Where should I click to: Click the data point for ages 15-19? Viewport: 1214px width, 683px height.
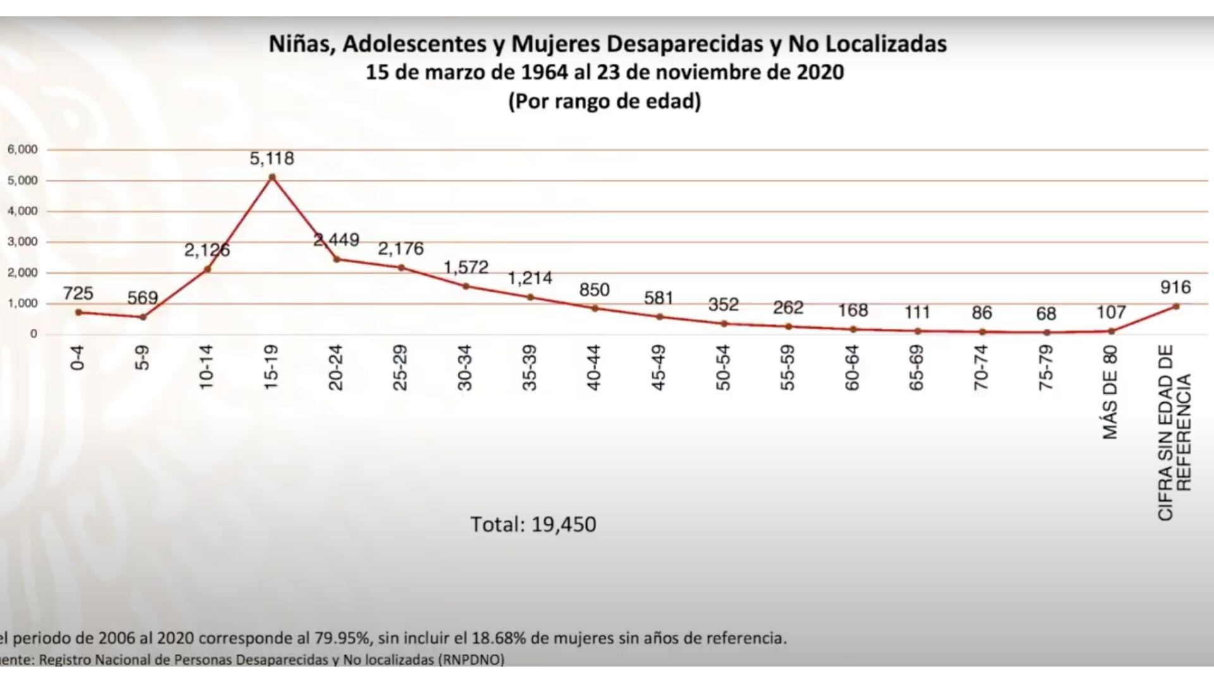[272, 178]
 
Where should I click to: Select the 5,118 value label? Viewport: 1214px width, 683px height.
[272, 158]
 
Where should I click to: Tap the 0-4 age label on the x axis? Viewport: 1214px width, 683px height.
[77, 358]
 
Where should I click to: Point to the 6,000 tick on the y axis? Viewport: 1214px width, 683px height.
[23, 150]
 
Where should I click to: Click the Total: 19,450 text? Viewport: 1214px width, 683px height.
[532, 524]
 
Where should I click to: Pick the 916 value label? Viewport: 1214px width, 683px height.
[1175, 288]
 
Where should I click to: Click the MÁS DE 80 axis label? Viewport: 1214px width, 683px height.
[1110, 392]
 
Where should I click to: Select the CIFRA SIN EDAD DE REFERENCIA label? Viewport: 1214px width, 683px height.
[1175, 433]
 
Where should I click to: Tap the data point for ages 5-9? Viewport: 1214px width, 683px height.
[143, 317]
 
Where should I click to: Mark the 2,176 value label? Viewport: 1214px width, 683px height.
[401, 249]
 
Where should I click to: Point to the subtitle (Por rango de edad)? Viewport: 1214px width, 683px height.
[604, 101]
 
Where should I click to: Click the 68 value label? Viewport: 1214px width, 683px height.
[1046, 314]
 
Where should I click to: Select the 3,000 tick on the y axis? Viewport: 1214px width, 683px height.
[23, 242]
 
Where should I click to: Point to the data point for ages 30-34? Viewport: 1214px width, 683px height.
[466, 286]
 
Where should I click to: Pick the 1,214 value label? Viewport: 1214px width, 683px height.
[530, 278]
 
